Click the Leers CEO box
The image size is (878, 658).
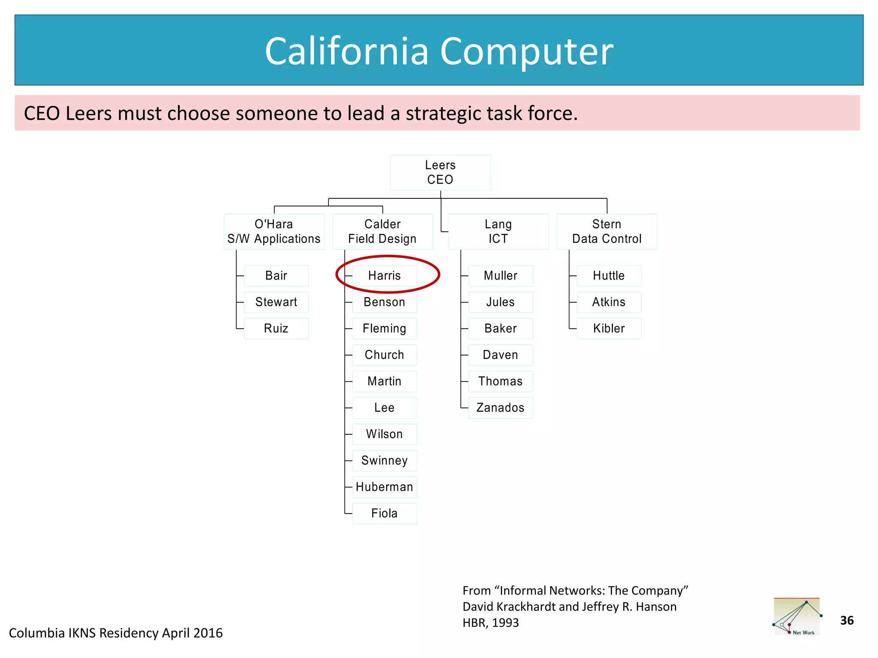pyautogui.click(x=440, y=172)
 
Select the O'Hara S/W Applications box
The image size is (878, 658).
pyautogui.click(x=274, y=231)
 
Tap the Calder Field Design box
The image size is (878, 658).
pyautogui.click(x=382, y=231)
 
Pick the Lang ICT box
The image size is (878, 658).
pyautogui.click(x=498, y=231)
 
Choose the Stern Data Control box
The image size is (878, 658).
pyautogui.click(x=607, y=231)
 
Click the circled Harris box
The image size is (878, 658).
pyautogui.click(x=385, y=275)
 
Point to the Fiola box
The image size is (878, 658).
pyautogui.click(x=385, y=513)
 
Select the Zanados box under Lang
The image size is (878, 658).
pyautogui.click(x=500, y=407)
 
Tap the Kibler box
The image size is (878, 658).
pyautogui.click(x=609, y=329)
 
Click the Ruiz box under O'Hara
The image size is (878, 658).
pyautogui.click(x=276, y=329)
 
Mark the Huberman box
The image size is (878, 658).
pyautogui.click(x=385, y=487)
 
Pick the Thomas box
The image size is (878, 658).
pyautogui.click(x=500, y=381)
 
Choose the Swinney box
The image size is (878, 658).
pyautogui.click(x=385, y=461)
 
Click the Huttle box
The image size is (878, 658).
pyautogui.click(x=609, y=275)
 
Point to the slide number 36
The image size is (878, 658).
pyautogui.click(x=847, y=620)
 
